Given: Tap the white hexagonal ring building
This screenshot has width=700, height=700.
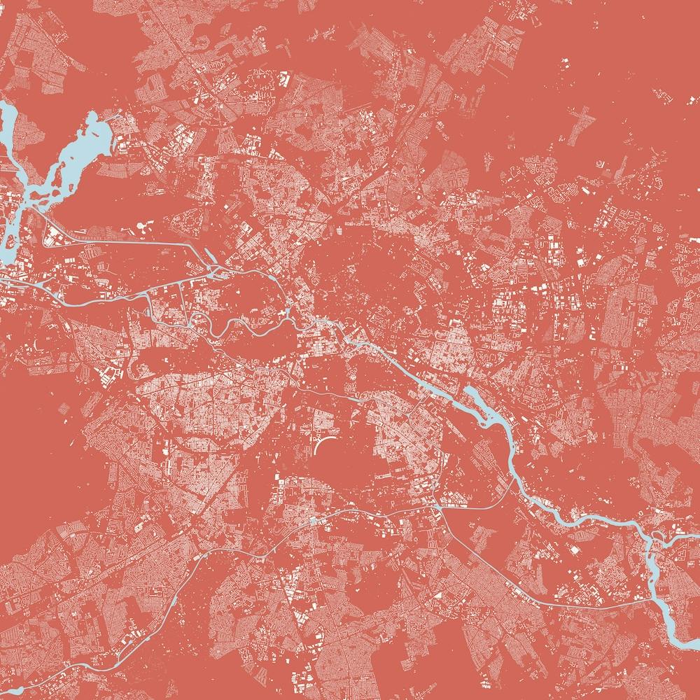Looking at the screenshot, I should pos(145,227).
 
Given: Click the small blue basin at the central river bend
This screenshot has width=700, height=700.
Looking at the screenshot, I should pos(289,311).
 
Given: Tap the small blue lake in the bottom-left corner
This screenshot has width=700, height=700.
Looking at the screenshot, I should pos(10,693).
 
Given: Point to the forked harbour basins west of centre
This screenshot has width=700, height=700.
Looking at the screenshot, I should pos(217,269).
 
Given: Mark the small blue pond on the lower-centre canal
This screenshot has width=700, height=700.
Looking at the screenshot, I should pos(312,521).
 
